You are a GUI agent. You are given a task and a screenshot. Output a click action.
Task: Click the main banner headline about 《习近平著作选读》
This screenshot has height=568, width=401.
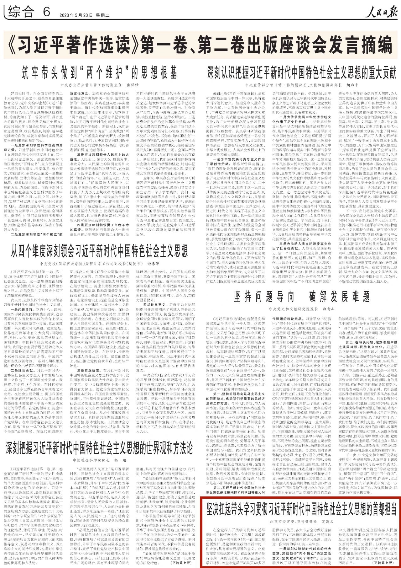200,45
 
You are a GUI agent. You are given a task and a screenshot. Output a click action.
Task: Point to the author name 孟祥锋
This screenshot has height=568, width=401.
132,85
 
